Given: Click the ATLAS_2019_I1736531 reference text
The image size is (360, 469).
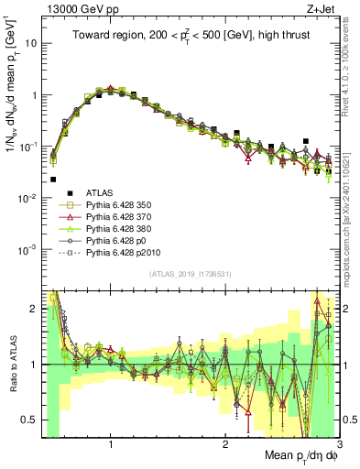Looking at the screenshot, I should pyautogui.click(x=190, y=275).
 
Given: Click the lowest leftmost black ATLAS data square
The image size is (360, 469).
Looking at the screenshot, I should pyautogui.click(x=53, y=180).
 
